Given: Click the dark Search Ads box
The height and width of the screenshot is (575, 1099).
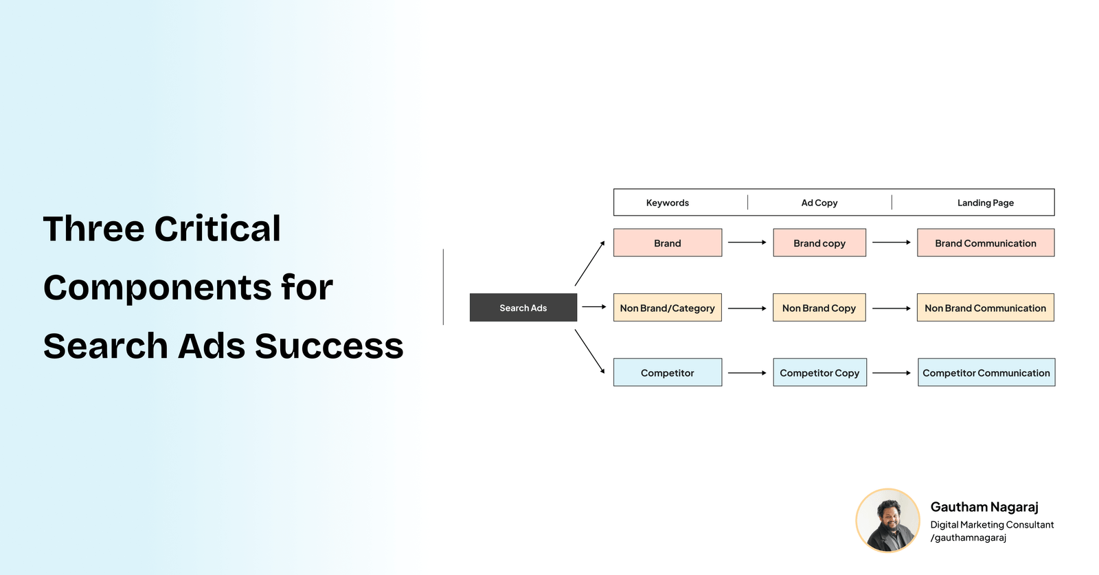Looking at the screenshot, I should click(523, 308).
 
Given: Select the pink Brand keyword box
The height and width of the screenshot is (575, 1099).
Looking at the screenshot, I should click(667, 243).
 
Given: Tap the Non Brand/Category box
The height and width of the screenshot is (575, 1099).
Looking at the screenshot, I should click(667, 308).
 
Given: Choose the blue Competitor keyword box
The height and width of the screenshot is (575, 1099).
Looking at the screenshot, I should click(667, 372).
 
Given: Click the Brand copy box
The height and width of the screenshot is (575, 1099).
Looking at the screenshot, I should click(819, 243).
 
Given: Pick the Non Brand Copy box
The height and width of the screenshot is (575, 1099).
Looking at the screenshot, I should click(819, 308).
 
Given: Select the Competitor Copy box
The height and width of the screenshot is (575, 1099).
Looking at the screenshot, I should click(819, 372).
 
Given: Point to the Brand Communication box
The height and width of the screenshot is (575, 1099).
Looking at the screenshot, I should click(985, 243).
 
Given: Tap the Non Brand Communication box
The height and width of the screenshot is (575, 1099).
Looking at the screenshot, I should click(985, 308).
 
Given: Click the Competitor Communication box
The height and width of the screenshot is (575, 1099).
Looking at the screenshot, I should click(986, 372).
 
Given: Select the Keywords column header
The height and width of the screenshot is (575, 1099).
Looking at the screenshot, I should click(667, 203).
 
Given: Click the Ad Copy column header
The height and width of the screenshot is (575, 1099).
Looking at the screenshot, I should click(819, 203).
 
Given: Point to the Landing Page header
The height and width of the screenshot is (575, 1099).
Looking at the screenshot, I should click(985, 203).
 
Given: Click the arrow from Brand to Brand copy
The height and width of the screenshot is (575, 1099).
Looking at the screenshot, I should click(747, 243).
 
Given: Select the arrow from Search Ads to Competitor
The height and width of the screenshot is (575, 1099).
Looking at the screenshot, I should click(589, 351).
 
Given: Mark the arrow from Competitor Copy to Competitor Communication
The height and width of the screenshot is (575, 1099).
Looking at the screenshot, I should click(891, 373).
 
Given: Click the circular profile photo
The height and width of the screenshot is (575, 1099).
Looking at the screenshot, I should click(887, 521).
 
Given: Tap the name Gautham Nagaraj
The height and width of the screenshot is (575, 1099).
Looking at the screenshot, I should click(984, 507).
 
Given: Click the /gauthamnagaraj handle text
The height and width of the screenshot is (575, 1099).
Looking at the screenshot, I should click(968, 538).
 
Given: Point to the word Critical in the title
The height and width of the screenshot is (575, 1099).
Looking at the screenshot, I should click(217, 229).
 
